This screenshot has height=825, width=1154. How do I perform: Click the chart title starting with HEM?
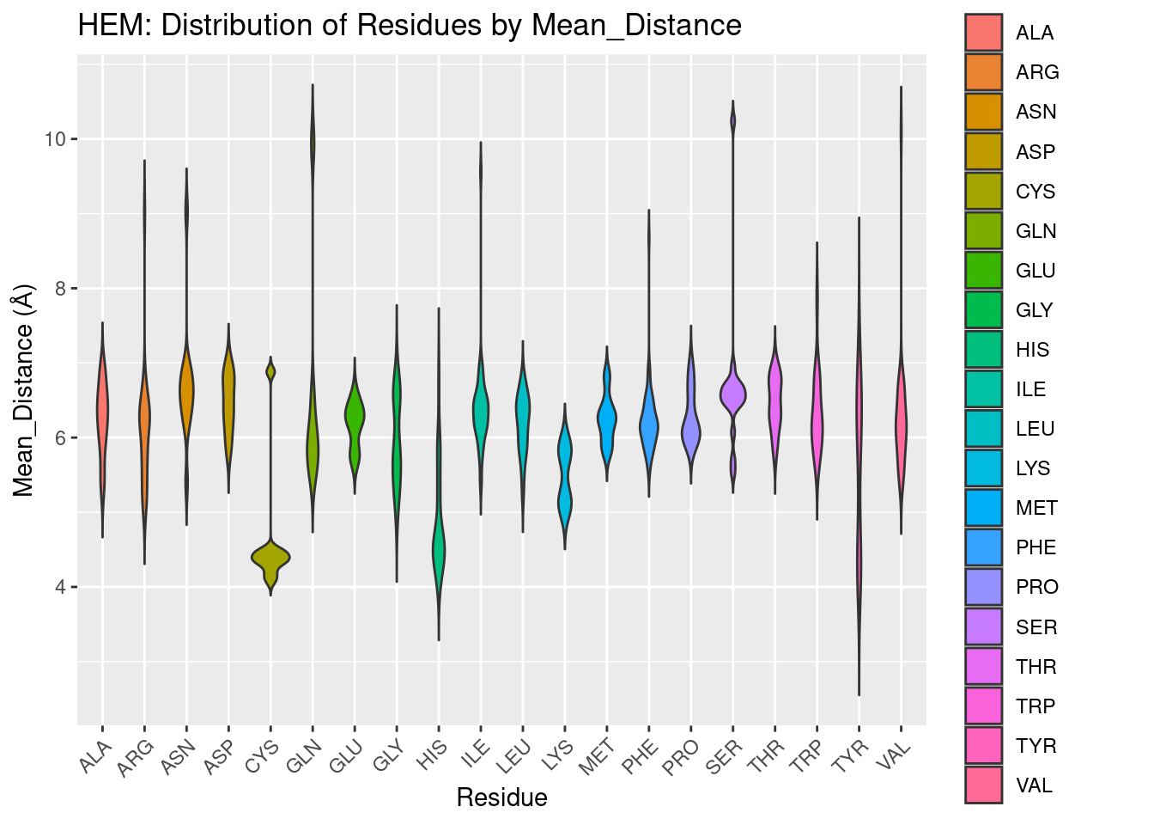pyautogui.click(x=410, y=26)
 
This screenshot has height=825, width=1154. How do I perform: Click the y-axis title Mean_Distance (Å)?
pyautogui.click(x=24, y=391)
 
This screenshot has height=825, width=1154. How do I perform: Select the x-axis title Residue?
pyautogui.click(x=501, y=797)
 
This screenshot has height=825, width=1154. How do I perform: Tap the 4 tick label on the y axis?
pyautogui.click(x=61, y=588)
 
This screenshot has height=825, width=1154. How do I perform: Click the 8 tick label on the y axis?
pyautogui.click(x=61, y=289)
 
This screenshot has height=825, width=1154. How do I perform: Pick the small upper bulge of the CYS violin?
pyautogui.click(x=270, y=371)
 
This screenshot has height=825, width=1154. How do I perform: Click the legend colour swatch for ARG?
pyautogui.click(x=983, y=72)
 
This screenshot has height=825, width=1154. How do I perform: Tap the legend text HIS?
pyautogui.click(x=1032, y=350)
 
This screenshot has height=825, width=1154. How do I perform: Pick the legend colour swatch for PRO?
pyautogui.click(x=983, y=587)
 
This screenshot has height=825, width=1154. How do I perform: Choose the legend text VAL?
pyautogui.click(x=1034, y=785)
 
